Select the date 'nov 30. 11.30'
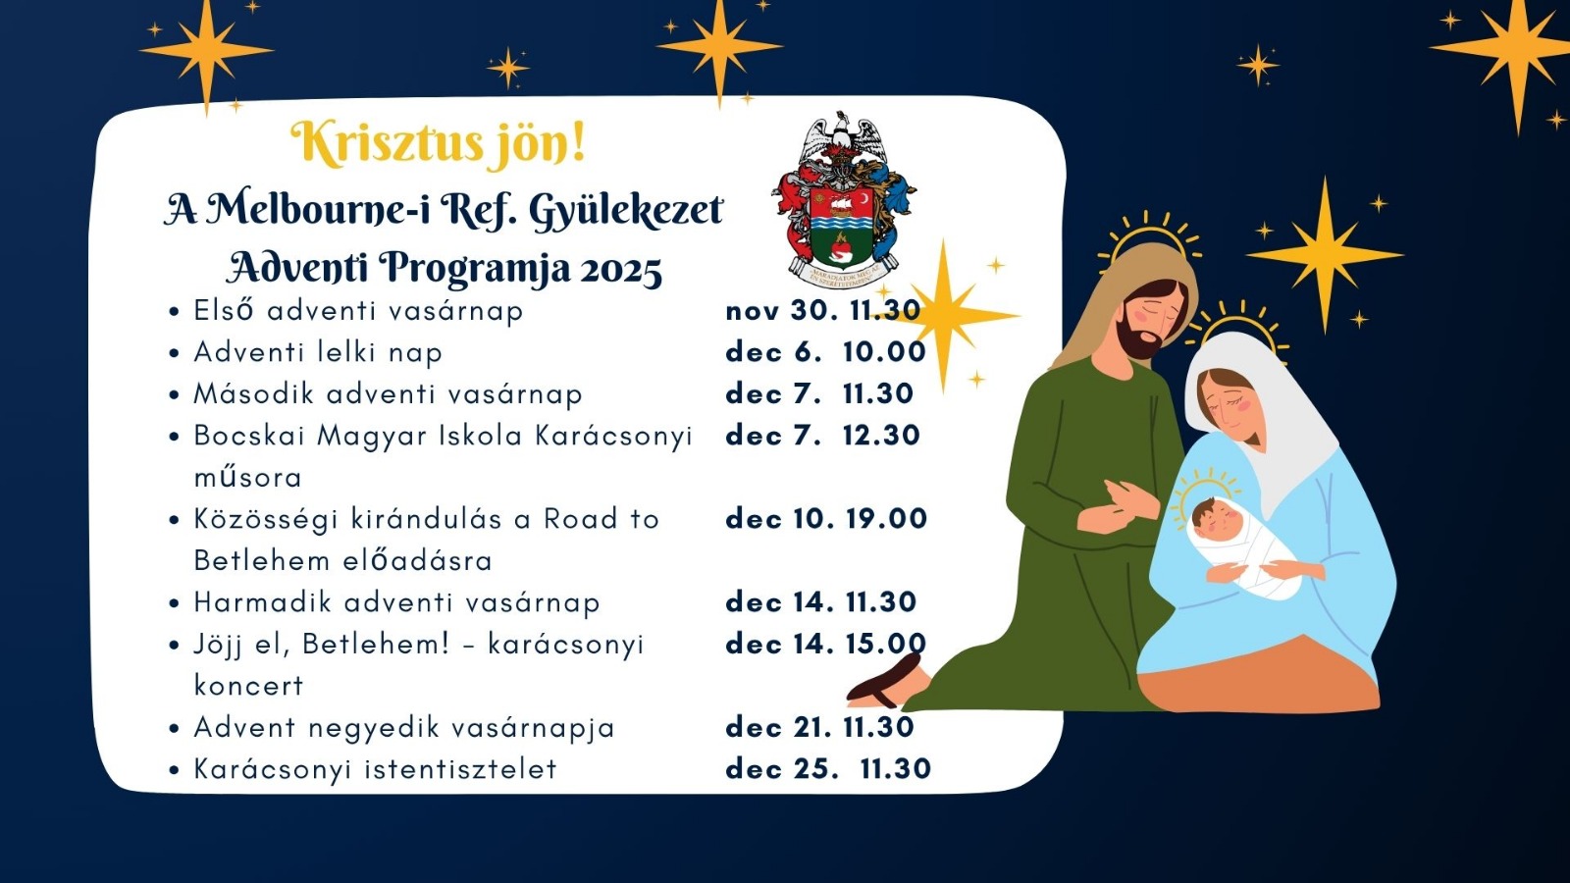[823, 310]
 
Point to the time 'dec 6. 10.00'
[825, 352]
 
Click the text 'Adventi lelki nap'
[318, 352]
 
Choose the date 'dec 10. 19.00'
[826, 519]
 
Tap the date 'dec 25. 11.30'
[828, 769]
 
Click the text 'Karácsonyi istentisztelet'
[375, 769]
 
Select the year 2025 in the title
[621, 271]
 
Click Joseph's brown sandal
[884, 680]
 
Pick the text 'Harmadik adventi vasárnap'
[396, 602]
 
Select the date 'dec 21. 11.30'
[820, 727]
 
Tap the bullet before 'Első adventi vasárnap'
[175, 312]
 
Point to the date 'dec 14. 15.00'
[825, 644]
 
